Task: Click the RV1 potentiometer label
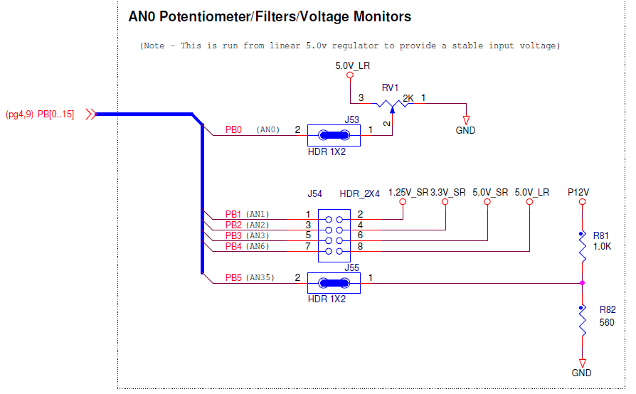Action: click(x=390, y=87)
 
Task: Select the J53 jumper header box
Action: click(x=334, y=135)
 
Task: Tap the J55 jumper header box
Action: click(x=334, y=283)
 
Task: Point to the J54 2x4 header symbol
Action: click(x=334, y=231)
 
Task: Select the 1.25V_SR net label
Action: click(x=408, y=192)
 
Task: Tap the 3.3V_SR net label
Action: click(x=448, y=192)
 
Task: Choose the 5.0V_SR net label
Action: click(x=490, y=192)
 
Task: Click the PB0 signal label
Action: click(x=233, y=130)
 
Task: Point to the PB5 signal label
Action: click(x=233, y=278)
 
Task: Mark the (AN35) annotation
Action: click(x=260, y=278)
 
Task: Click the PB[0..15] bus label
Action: click(x=57, y=114)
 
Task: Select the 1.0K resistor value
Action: click(x=602, y=246)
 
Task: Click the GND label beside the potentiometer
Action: click(x=466, y=130)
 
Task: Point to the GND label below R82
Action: click(x=581, y=373)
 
